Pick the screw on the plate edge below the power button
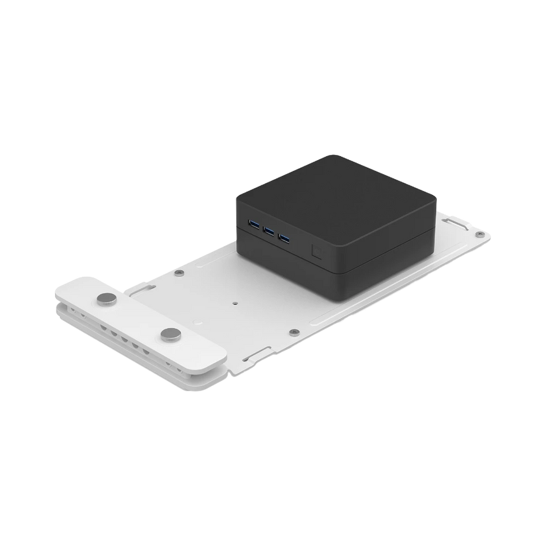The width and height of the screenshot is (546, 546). tap(293, 331)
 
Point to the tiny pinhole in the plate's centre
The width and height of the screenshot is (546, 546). tap(236, 303)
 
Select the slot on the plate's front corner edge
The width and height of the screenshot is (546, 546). tap(258, 352)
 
